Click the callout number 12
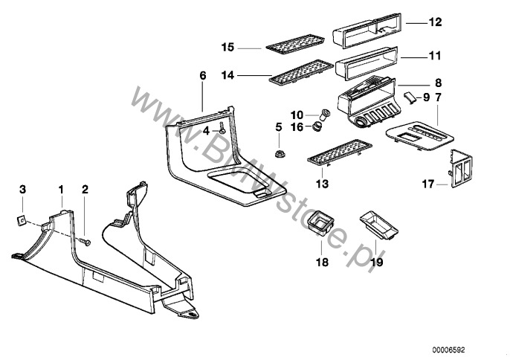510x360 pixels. tap(435, 22)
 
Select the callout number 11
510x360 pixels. tap(435, 56)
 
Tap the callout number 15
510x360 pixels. tap(228, 47)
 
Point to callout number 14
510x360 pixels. tap(228, 75)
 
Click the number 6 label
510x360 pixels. tap(202, 75)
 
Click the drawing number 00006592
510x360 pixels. tap(471, 348)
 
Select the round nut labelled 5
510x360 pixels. tap(280, 154)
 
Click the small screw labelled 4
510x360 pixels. tap(222, 130)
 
